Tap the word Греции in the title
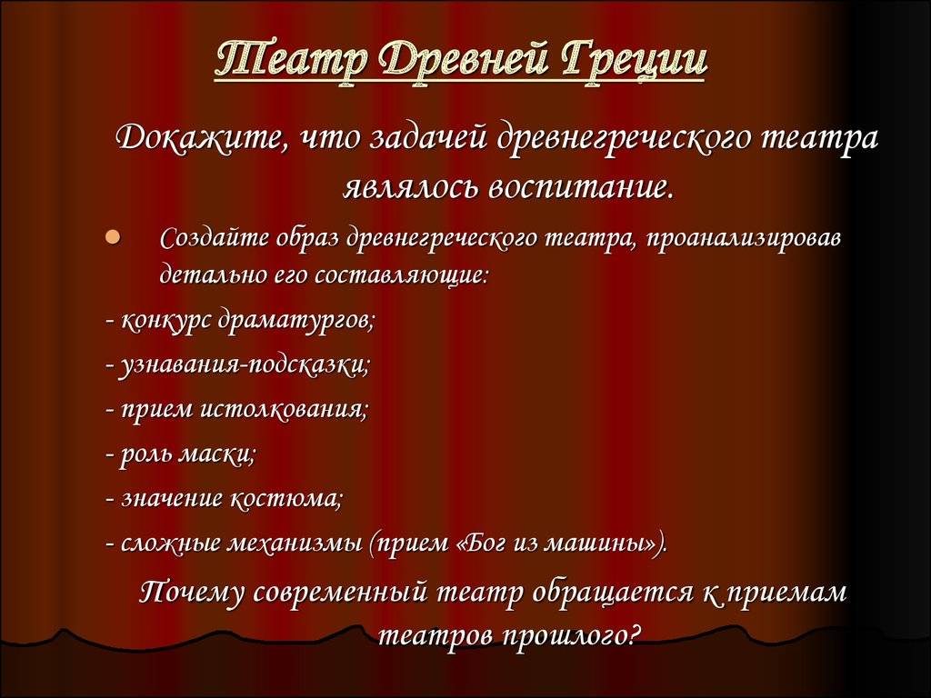click(634, 61)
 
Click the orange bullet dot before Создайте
click(113, 237)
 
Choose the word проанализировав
click(744, 239)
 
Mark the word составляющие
click(400, 276)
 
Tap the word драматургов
click(296, 321)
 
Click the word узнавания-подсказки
click(245, 365)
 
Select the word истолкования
click(285, 410)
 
